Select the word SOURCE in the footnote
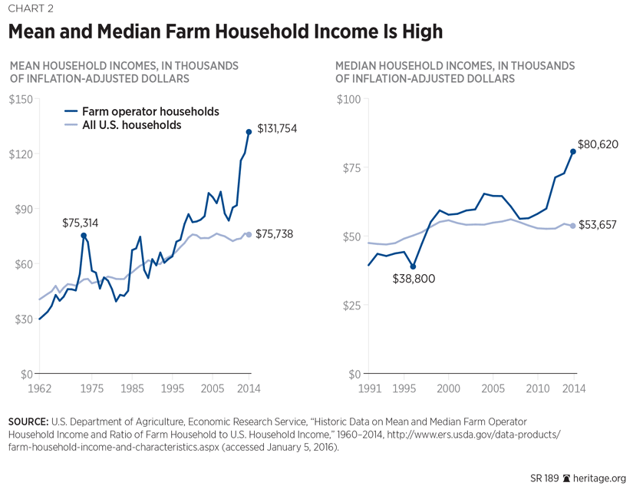coord(27,422)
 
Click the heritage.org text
coord(601,477)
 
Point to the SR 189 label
coord(544,477)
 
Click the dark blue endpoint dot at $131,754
coord(249,132)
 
